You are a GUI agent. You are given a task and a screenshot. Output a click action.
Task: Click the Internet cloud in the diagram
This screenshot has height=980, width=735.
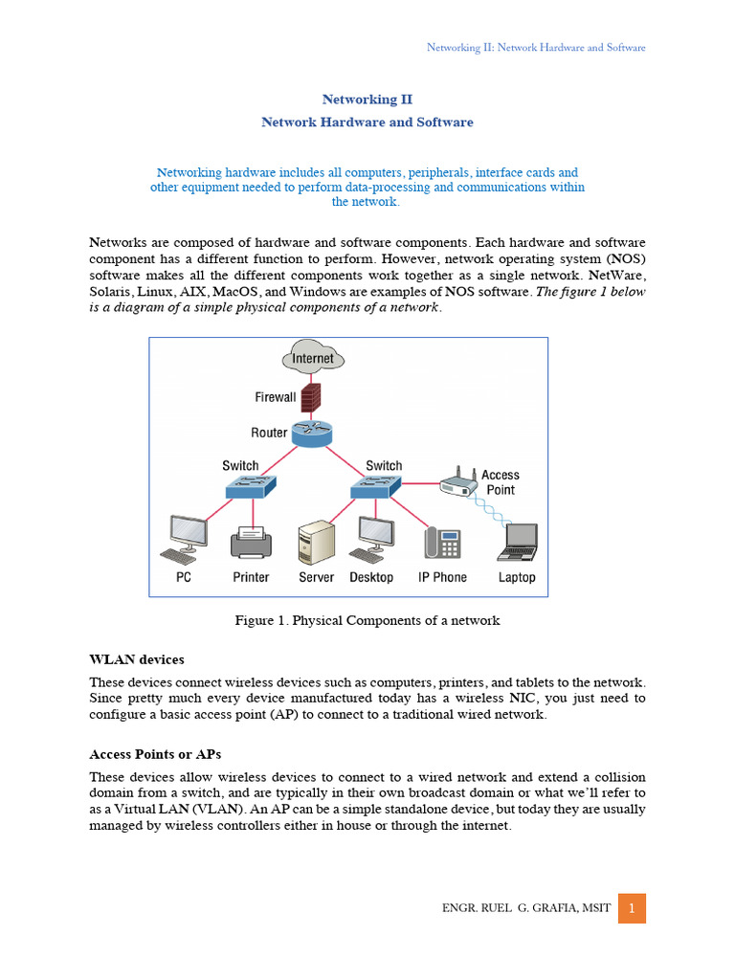click(313, 359)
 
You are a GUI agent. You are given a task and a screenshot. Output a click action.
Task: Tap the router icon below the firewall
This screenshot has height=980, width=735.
click(312, 434)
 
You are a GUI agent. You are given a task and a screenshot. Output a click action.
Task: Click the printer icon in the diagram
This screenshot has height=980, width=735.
click(251, 544)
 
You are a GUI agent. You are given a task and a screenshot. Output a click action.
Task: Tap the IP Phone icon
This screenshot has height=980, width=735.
click(442, 544)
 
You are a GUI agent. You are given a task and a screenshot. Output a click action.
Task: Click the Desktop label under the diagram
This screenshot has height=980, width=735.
click(371, 577)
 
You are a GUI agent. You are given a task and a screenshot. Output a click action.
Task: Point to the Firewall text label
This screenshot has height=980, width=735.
click(276, 397)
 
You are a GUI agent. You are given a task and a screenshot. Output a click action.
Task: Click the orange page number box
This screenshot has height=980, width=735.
click(632, 908)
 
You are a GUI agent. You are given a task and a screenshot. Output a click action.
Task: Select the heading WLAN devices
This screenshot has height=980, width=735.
click(136, 659)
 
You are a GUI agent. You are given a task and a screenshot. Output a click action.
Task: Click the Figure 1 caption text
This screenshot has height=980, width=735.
click(367, 620)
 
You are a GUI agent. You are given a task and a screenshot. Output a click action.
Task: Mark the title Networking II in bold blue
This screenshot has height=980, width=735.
click(367, 100)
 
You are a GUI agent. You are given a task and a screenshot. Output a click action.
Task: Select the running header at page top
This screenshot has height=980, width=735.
click(535, 47)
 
